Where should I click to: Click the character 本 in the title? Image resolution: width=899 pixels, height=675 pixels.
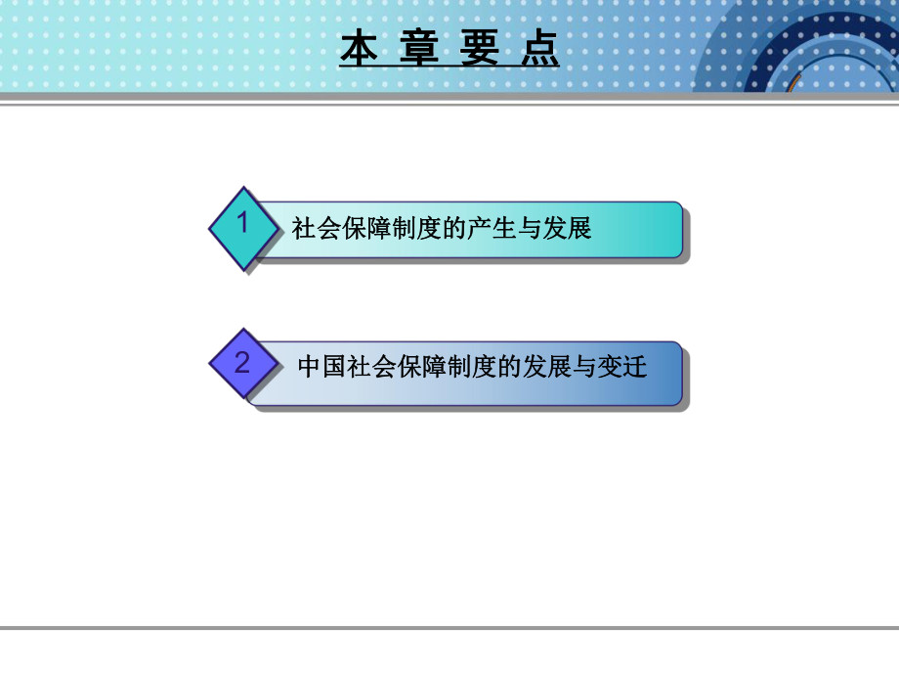359,49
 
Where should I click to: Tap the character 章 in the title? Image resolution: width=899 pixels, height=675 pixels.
420,49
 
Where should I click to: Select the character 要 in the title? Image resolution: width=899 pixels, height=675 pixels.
481,49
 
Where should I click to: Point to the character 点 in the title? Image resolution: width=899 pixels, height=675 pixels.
540,49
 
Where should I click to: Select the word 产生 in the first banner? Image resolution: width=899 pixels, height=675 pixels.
505,229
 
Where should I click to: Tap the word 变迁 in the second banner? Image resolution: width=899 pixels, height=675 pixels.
625,367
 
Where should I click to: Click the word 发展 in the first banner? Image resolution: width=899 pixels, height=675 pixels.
571,229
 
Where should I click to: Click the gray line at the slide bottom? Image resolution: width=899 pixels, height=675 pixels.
449,628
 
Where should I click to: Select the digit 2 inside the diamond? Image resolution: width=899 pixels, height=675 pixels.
242,363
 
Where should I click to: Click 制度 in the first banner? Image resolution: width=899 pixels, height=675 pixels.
409,229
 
